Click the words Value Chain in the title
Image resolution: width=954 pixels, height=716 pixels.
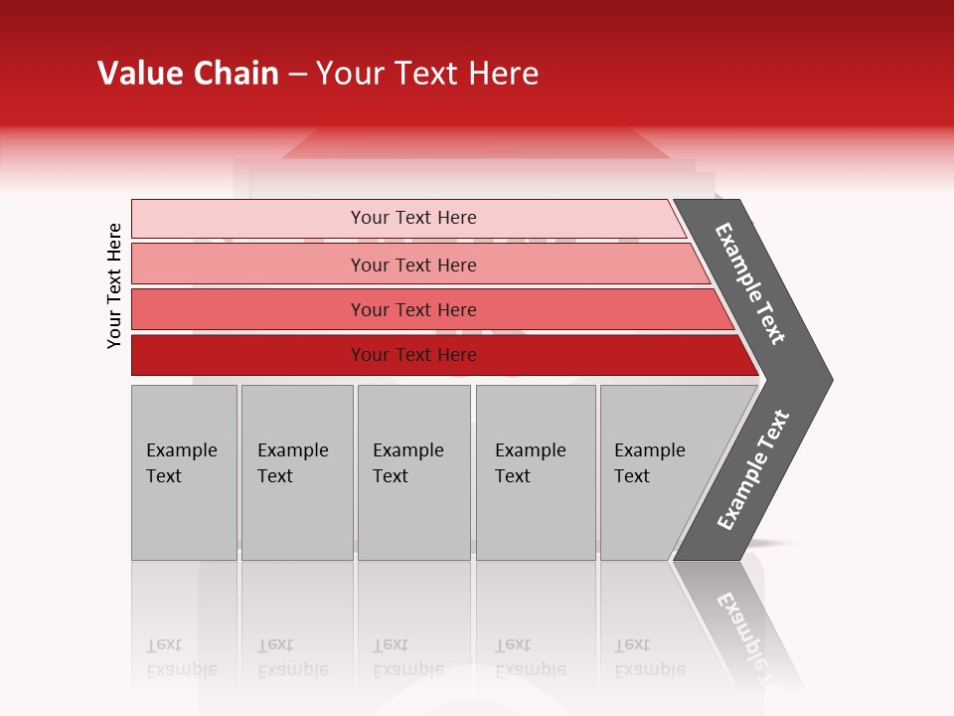point(188,74)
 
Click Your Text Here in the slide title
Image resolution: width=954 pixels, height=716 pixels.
point(427,74)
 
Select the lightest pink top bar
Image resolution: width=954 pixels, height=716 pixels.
point(248,219)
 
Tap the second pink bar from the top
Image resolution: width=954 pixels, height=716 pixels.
point(248,265)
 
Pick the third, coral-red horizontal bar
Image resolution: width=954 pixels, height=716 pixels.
point(248,309)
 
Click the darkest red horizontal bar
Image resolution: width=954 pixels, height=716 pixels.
point(248,355)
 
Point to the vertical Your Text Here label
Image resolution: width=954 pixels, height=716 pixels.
point(114,286)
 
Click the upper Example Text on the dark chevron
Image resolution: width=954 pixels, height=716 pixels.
point(749,283)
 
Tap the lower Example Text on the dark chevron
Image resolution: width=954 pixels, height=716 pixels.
point(753,469)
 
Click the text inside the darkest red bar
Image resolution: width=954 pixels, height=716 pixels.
point(413,355)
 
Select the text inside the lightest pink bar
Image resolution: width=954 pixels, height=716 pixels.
point(413,218)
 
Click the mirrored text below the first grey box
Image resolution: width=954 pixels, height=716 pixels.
point(181,657)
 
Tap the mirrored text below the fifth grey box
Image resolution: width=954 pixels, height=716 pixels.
point(649,657)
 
